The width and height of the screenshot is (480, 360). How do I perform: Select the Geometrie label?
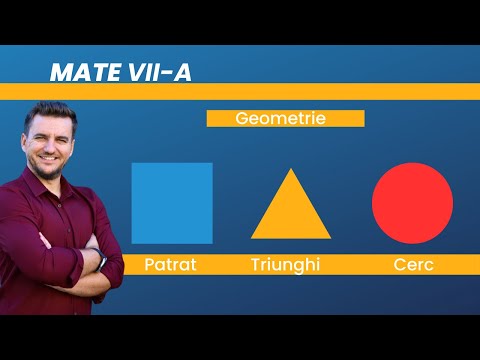tap(285, 118)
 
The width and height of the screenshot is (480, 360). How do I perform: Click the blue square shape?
tap(172, 203)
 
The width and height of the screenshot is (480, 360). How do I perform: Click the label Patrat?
tap(171, 265)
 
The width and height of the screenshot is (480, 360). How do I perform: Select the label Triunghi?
tap(291, 265)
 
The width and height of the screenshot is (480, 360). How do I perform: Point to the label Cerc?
tap(412, 265)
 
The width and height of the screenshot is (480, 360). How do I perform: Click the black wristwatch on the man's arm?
tap(101, 263)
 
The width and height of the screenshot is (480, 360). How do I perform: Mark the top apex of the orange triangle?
tap(291, 168)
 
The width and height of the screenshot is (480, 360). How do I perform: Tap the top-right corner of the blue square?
tap(212, 164)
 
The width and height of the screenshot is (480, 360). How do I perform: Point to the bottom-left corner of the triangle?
tap(252, 238)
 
